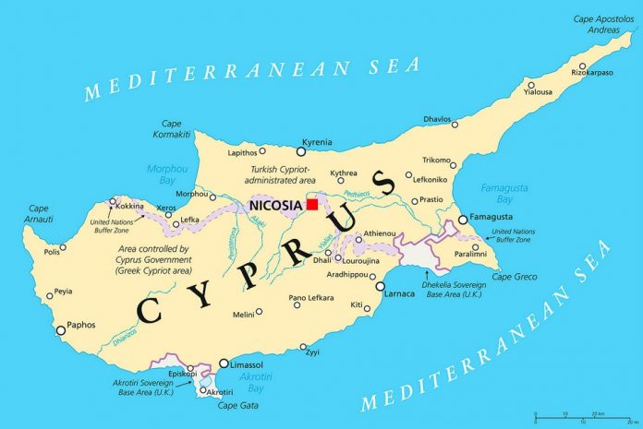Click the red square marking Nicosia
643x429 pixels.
point(312,204)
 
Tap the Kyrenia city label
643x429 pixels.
point(318,143)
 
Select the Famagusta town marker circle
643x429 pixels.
point(463,220)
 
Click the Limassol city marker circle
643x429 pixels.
point(224,363)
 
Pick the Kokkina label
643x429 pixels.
point(129,206)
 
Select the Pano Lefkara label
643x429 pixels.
point(310,297)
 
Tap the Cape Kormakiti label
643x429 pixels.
point(176,129)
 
